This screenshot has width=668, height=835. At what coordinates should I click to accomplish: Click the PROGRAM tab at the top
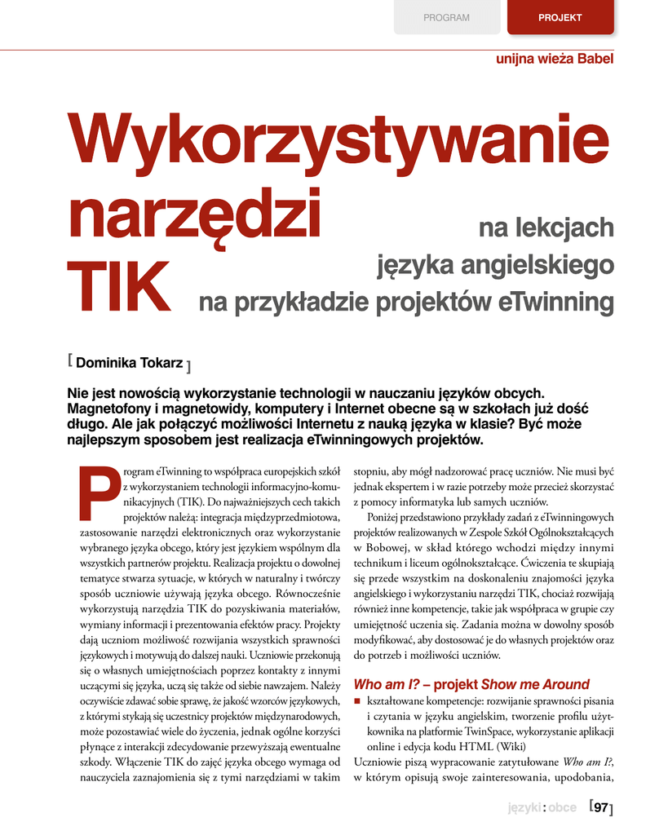[x=446, y=17]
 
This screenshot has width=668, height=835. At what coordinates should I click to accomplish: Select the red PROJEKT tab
[x=560, y=17]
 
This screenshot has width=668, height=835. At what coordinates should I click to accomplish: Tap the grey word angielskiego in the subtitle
[x=536, y=265]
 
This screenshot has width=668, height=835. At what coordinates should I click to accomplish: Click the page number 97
[x=600, y=808]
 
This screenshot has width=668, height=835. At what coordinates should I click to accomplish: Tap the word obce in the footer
[x=562, y=808]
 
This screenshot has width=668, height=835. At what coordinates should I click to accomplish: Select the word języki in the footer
[x=524, y=808]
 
